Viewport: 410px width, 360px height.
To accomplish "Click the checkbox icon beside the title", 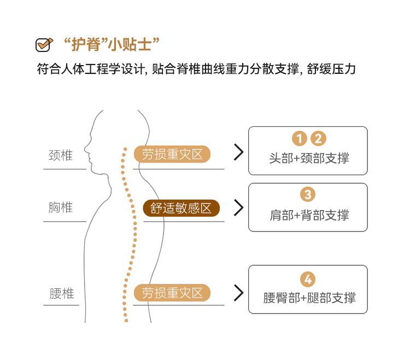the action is coord(43,44).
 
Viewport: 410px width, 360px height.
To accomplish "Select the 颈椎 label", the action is coord(60,155).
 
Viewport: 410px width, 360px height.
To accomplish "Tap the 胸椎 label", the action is coord(60,208).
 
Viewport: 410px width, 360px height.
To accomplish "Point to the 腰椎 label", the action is coord(61,294).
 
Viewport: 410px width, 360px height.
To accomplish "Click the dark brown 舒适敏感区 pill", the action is coord(181,208).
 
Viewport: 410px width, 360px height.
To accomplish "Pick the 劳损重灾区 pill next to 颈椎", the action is coord(172,155).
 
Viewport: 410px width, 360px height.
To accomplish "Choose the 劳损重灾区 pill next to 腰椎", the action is coord(172,293).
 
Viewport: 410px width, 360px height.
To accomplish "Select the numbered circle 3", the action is coord(308,194).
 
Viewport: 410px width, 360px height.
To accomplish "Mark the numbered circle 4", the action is coord(308,280).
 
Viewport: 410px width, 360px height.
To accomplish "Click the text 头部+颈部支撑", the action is coord(309,158).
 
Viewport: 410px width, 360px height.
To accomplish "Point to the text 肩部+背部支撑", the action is coord(309,215).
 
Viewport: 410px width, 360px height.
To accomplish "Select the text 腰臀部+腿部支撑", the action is coord(309,298).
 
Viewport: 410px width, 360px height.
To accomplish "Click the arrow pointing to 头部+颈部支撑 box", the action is coord(238,153).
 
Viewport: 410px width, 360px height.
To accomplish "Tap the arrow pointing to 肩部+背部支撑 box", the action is coord(238,207).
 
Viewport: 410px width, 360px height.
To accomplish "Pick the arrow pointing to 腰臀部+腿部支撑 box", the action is coord(238,293).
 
